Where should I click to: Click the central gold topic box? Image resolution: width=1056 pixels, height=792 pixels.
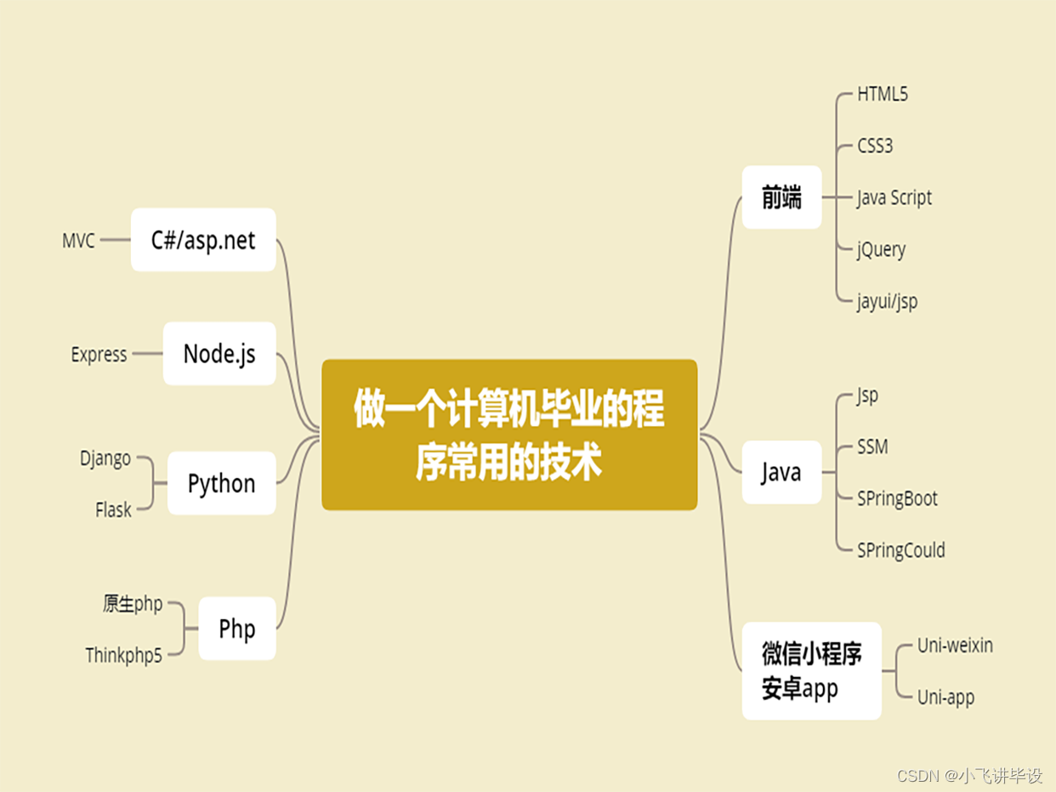509,435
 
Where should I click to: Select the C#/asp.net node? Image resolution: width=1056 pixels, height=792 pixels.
203,240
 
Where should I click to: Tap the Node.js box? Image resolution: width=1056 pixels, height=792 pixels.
219,353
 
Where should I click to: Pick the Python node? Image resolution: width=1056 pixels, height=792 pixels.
221,483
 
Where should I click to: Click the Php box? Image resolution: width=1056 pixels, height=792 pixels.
237,629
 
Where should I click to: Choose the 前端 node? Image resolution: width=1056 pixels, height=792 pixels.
781,197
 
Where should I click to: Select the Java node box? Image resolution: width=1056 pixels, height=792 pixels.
781,472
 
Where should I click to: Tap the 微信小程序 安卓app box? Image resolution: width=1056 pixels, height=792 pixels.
811,671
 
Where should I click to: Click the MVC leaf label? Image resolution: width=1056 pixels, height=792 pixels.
78,241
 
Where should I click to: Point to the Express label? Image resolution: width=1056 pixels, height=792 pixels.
99,354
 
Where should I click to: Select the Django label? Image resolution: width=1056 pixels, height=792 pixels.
105,458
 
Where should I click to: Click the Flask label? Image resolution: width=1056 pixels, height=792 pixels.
113,510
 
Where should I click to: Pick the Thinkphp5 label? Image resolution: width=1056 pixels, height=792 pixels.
123,655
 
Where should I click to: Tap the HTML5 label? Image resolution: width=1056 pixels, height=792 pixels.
883,94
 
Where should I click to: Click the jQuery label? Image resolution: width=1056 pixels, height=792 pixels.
882,249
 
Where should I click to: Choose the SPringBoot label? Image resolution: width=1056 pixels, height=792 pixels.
897,499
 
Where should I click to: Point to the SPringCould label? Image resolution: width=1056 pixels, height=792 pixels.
901,550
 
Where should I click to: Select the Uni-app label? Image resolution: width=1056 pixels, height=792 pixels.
945,698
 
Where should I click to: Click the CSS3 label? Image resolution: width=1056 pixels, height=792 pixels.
875,145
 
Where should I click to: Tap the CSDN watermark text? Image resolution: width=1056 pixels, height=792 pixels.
969,776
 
